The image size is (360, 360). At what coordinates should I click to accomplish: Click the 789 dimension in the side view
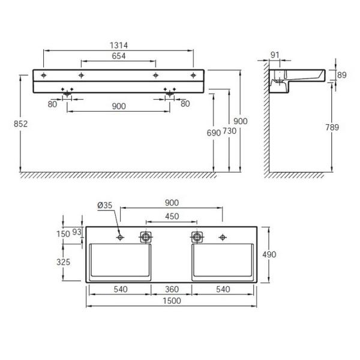[332, 127]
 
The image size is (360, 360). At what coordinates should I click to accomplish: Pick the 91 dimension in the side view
[275, 56]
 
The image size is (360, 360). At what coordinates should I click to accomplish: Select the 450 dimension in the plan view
[171, 217]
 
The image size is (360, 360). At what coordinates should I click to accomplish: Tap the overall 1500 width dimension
[172, 302]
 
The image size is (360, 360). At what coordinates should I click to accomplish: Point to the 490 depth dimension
[269, 254]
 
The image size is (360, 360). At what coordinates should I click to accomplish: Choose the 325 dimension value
[71, 262]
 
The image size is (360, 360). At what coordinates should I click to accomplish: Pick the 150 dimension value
[71, 233]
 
